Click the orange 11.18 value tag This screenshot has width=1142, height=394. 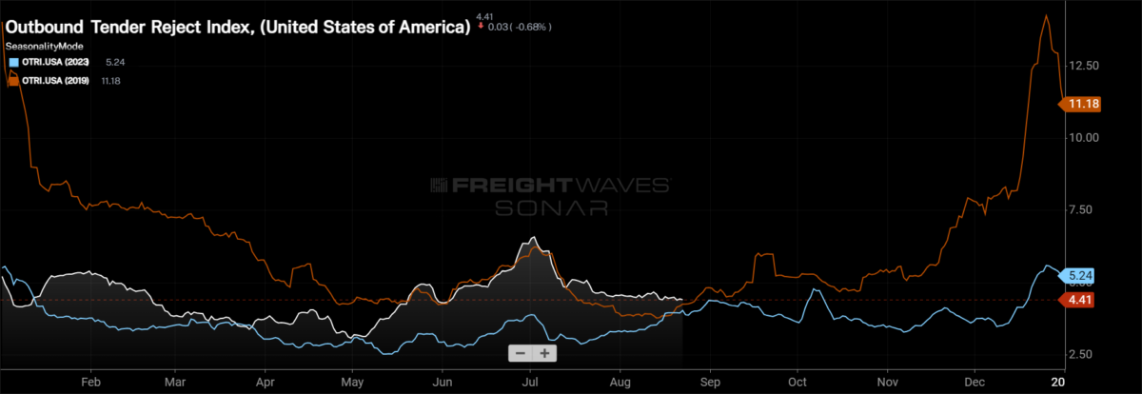point(1080,104)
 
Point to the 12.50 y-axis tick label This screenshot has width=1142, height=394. point(1084,66)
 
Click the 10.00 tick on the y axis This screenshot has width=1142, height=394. point(1084,138)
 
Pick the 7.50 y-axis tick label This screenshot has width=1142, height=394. point(1081,209)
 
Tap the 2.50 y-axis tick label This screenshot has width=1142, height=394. point(1081,354)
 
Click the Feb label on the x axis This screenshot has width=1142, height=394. point(90,383)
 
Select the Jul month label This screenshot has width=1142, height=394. point(531,383)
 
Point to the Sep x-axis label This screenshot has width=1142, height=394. point(710,383)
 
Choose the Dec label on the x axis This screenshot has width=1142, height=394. point(975,383)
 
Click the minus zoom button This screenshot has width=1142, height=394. point(521,353)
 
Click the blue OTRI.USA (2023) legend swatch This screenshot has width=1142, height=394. point(13,63)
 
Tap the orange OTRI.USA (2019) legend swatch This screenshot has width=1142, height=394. point(13,81)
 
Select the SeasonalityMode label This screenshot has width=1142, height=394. point(45,47)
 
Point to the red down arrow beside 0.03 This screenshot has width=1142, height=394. point(481,26)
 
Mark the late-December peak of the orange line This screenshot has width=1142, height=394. point(1046,16)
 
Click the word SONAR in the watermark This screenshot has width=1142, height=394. point(552,208)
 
